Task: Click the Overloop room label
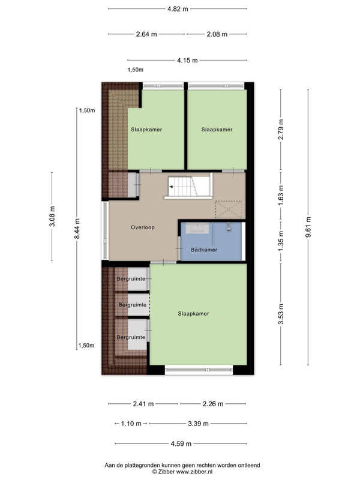(143, 227)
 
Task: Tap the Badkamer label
(204, 250)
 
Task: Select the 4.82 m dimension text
(178, 9)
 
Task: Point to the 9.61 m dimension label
(308, 227)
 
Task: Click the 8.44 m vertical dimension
(77, 229)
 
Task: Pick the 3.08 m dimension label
(52, 217)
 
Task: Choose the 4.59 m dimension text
(181, 443)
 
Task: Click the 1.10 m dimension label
(131, 424)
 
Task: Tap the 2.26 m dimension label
(213, 404)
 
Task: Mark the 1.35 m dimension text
(281, 241)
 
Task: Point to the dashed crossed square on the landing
(229, 209)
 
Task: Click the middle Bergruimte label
(133, 305)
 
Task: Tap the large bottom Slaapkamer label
(193, 314)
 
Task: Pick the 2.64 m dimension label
(146, 34)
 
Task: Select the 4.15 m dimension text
(187, 61)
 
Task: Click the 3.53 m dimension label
(281, 314)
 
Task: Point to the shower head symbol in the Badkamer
(229, 227)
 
